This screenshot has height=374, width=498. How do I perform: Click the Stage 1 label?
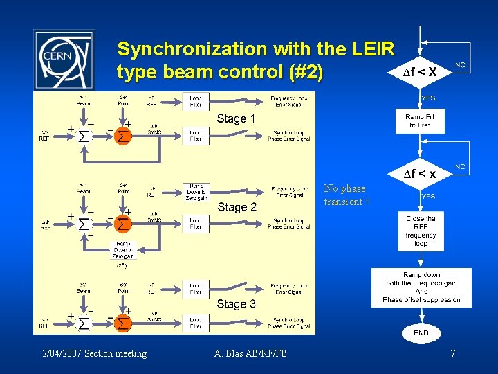click(x=236, y=118)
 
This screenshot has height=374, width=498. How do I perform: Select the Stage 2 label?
click(x=237, y=207)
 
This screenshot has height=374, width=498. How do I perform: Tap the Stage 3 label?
click(x=236, y=304)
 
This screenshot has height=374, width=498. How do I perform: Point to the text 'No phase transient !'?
click(x=346, y=195)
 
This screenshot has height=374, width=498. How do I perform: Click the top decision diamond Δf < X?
click(x=420, y=71)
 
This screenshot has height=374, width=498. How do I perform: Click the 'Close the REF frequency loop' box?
click(x=421, y=231)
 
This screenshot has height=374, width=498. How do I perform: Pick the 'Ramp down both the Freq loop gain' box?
click(x=421, y=287)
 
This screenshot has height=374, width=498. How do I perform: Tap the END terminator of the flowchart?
click(x=421, y=332)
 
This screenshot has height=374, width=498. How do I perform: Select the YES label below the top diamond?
click(x=429, y=98)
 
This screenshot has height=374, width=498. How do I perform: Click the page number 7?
click(x=452, y=354)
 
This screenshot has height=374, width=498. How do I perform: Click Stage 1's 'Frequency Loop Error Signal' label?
click(x=290, y=102)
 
